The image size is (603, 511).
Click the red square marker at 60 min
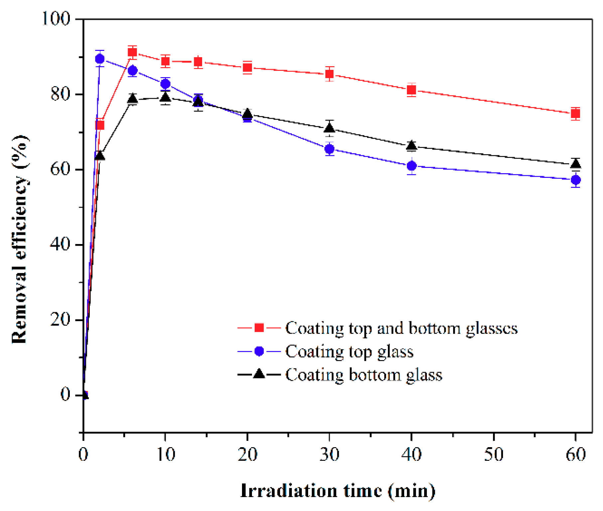coord(575,114)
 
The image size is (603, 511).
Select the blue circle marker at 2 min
coord(100,59)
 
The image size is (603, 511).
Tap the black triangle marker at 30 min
coord(329,128)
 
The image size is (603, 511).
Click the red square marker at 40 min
coord(412,90)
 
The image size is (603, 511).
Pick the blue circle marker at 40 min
coord(412,166)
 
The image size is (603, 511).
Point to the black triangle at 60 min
coord(575,164)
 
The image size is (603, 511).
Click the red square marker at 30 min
coord(329,74)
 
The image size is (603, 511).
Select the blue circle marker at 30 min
coord(329,149)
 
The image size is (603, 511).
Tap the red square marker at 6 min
coord(132,52)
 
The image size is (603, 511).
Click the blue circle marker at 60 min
coord(575,180)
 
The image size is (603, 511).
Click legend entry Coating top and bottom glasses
coord(401,328)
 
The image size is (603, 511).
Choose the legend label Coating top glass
coord(349,351)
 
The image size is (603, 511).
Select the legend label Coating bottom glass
coord(364,375)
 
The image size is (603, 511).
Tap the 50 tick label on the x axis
coord(494,454)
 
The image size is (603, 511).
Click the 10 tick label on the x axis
coord(165,454)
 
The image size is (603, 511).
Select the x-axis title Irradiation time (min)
coord(337,491)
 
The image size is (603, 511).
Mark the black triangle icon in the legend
coord(259,374)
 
